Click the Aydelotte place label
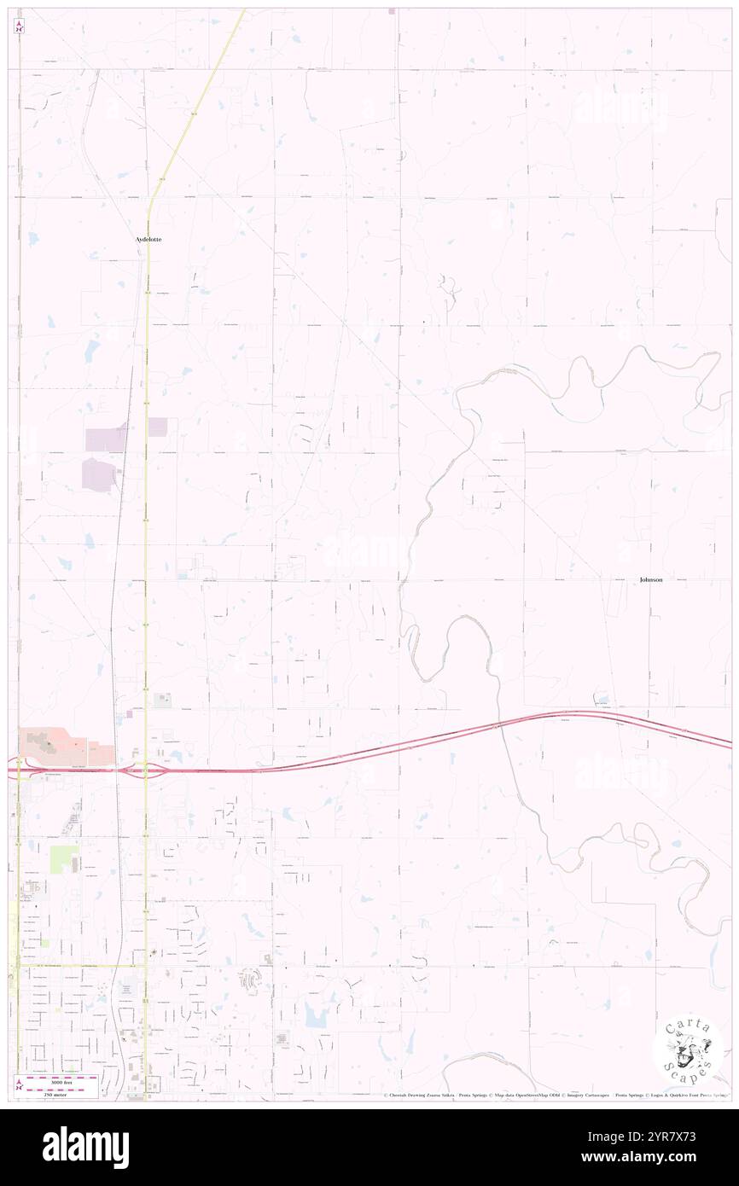148,240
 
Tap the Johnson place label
650,579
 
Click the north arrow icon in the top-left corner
20,26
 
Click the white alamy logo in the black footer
85,1148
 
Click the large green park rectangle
62,859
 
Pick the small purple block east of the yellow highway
158,427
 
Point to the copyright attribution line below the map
555,1095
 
